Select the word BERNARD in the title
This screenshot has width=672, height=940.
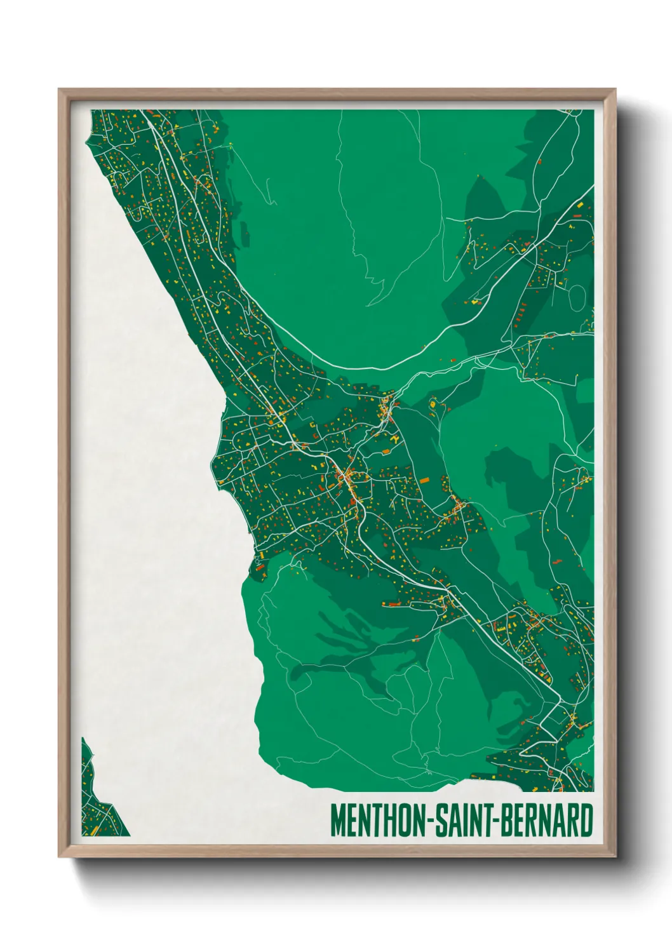(548, 821)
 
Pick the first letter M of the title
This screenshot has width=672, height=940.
(337, 821)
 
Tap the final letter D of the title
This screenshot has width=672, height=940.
(588, 821)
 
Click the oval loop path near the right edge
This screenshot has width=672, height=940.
(577, 297)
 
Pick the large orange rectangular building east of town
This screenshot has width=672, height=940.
(423, 481)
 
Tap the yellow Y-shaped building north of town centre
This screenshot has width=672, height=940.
(395, 440)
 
